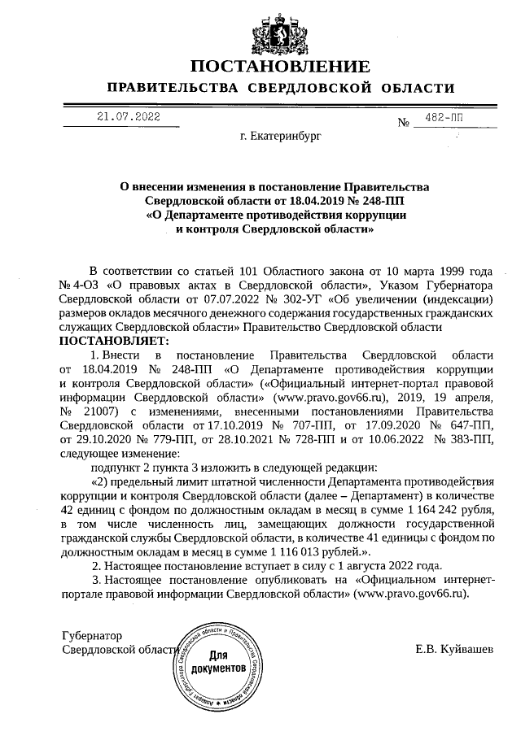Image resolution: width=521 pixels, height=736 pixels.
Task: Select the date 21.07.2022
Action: coord(129,118)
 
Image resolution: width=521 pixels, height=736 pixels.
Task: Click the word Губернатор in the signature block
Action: coord(91,634)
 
